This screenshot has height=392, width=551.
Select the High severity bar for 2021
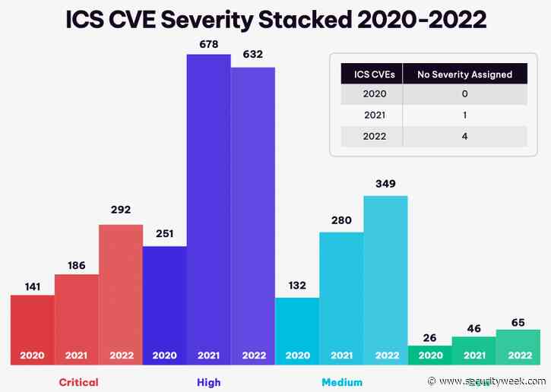click(x=209, y=205)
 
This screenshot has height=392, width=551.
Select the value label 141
click(x=33, y=286)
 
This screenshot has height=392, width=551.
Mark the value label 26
click(x=429, y=337)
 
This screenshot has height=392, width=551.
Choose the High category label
click(x=209, y=382)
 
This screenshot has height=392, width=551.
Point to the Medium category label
click(x=341, y=382)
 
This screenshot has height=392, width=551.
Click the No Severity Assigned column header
click(x=464, y=74)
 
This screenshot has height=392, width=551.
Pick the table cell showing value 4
click(x=464, y=136)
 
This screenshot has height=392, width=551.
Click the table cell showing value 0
click(x=464, y=94)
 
